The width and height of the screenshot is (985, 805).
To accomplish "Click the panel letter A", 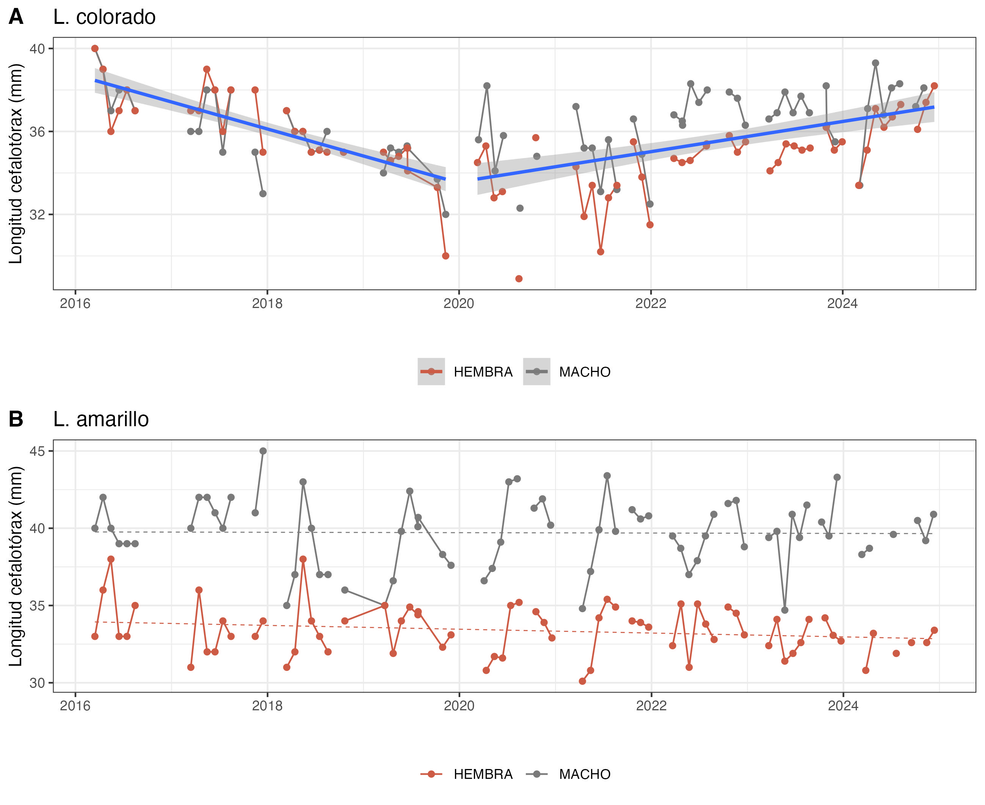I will coord(16,17).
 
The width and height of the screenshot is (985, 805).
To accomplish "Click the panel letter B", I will coord(16,419).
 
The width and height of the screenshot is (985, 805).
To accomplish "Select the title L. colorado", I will coord(104,17).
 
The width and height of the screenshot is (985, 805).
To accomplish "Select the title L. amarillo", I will coord(101,419).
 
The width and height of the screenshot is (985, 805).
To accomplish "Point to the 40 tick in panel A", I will coord(37,49).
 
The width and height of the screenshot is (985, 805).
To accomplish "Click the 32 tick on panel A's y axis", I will coord(37,215).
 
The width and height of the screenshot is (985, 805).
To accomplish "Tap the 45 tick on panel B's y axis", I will coord(37,451).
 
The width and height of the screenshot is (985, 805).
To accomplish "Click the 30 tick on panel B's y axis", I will coord(37,683).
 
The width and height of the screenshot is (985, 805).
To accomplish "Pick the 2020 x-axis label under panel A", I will coord(459,304).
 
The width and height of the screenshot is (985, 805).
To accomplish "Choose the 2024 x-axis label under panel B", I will coord(843,706).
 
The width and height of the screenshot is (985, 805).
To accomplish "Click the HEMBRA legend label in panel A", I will coord(483,372).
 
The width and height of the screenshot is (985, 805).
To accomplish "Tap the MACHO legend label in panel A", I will coord(585,372).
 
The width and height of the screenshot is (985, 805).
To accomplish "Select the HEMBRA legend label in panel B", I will coord(483,774).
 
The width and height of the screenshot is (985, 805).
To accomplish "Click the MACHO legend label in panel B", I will coord(585,774).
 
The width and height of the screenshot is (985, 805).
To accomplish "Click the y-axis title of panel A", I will coord(16,164).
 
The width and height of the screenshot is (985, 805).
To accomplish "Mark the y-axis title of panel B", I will coord(16,566).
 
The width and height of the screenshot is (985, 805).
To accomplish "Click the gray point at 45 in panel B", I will coord(263,451).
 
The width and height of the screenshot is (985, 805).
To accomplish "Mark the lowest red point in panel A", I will coord(519,279).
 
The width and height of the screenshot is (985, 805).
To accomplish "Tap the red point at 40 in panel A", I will coord(95,49).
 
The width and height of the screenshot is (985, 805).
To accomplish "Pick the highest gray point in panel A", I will coord(875,63).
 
